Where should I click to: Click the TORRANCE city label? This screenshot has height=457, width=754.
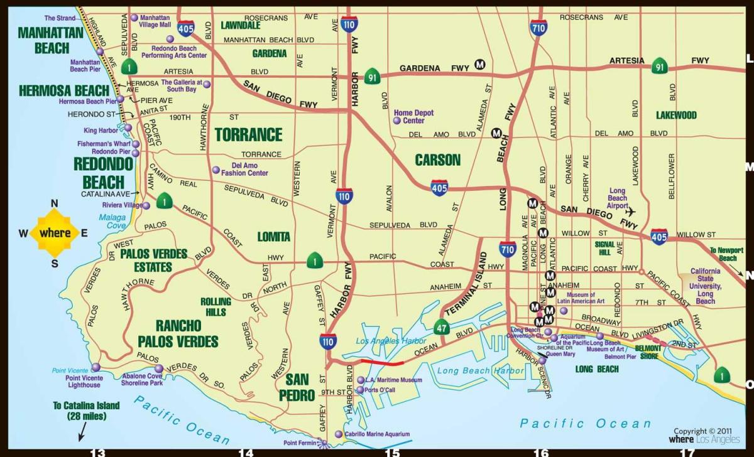pyautogui.click(x=248, y=134)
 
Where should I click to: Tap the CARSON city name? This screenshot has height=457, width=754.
pyautogui.click(x=438, y=159)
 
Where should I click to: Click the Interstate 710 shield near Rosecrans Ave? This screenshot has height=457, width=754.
pyautogui.click(x=538, y=26)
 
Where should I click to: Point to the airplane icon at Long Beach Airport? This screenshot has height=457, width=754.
pyautogui.click(x=631, y=212)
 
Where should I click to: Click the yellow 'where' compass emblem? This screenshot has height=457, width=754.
pyautogui.click(x=55, y=233)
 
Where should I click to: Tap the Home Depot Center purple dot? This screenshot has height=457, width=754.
pyautogui.click(x=396, y=119)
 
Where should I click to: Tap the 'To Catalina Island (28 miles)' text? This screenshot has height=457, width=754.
pyautogui.click(x=86, y=411)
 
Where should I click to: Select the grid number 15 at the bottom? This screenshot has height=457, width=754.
pyautogui.click(x=392, y=452)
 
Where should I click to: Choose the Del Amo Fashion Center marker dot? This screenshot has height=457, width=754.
pyautogui.click(x=216, y=169)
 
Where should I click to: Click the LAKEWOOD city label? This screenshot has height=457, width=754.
pyautogui.click(x=676, y=116)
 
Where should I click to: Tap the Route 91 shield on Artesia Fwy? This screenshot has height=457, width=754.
pyautogui.click(x=659, y=65)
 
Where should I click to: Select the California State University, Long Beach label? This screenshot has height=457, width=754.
pyautogui.click(x=706, y=286)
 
